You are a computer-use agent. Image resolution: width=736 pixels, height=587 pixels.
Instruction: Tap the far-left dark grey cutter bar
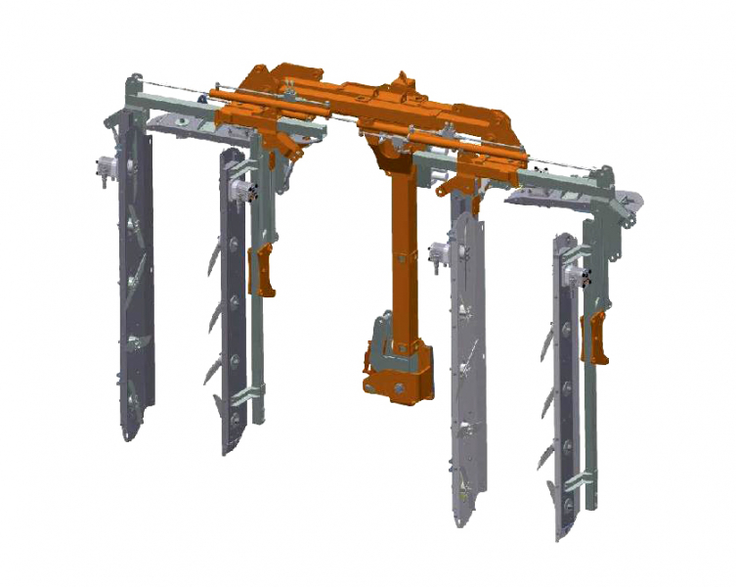[136, 293]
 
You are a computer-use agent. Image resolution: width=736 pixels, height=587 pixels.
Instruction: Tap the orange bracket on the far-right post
[592, 338]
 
